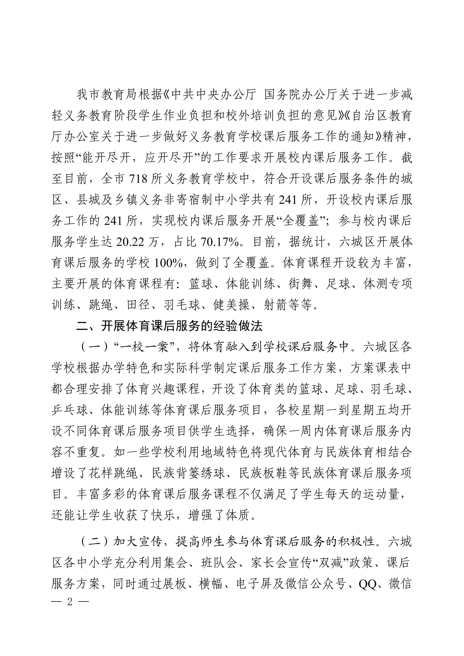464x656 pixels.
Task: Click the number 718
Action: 138,179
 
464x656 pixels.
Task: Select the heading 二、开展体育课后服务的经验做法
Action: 169,326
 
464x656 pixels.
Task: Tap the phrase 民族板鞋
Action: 263,473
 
